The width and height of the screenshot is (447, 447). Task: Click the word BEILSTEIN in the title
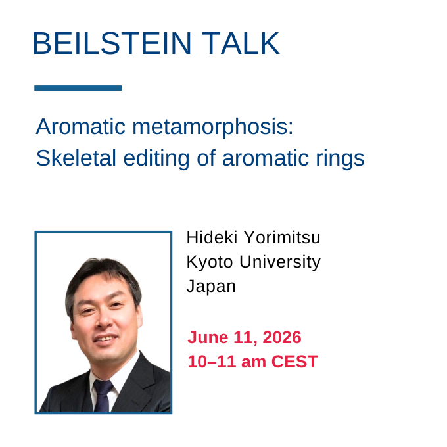(x=112, y=43)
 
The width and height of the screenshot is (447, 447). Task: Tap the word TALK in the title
(x=241, y=43)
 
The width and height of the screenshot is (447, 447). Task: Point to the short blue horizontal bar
(x=78, y=88)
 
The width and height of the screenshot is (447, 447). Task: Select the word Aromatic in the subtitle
(x=80, y=126)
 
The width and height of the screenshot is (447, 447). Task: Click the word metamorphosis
(x=213, y=128)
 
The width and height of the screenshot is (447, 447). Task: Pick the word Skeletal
(x=76, y=158)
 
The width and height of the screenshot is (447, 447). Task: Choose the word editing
(x=156, y=158)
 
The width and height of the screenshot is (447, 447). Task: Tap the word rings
(x=340, y=159)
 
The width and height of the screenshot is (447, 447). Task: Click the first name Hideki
(x=212, y=237)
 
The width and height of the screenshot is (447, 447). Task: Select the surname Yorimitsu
(x=282, y=237)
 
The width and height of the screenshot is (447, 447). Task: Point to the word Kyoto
(x=210, y=262)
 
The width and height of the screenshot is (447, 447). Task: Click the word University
(x=280, y=262)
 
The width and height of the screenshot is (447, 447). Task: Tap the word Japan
(x=211, y=287)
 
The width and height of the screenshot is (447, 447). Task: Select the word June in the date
(x=208, y=337)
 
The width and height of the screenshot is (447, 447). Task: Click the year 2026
(x=281, y=337)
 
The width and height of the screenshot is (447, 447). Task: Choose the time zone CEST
(x=294, y=362)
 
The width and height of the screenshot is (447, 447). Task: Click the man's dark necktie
(x=103, y=396)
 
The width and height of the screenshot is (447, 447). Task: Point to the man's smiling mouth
(x=105, y=339)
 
